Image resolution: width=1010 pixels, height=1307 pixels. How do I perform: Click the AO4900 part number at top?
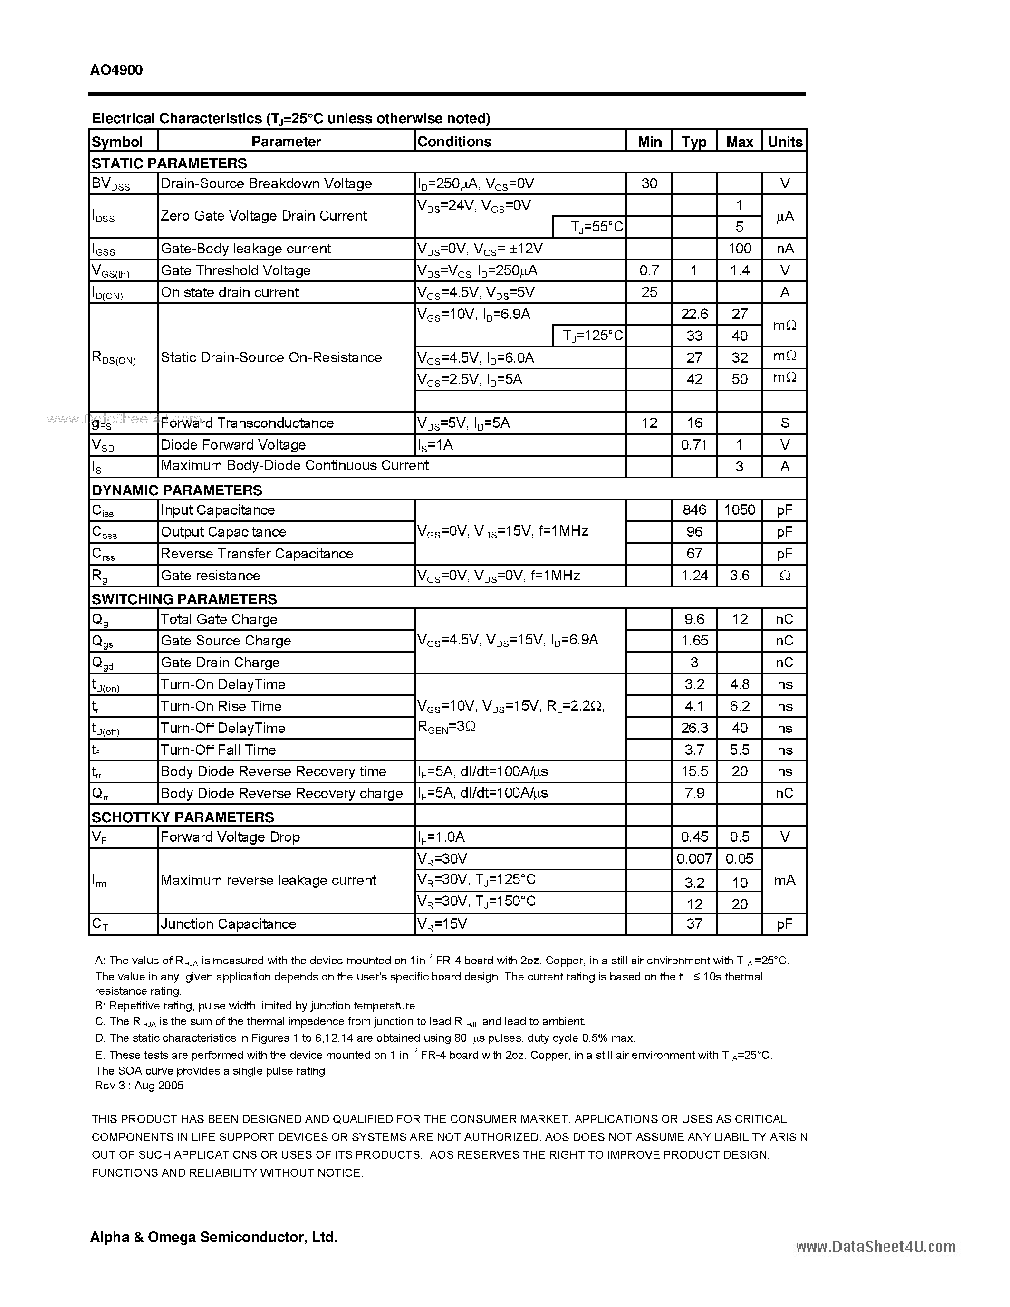point(116,70)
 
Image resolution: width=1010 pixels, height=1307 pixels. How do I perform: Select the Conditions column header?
point(454,142)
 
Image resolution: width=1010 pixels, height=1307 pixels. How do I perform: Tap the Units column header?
point(784,142)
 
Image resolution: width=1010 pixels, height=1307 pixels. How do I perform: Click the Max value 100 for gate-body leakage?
point(740,249)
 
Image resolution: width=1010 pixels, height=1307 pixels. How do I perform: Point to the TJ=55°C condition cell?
point(596,227)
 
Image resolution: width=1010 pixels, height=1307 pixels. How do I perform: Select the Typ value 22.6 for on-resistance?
point(694,314)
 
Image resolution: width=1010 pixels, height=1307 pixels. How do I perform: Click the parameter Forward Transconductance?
point(247,423)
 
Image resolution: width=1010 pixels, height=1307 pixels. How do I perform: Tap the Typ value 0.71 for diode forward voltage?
point(694,445)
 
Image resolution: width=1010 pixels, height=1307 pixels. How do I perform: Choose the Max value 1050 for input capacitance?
point(740,510)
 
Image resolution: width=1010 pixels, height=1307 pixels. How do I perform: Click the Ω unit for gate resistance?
point(784,576)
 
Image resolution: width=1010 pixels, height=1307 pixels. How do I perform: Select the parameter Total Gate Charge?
point(219,619)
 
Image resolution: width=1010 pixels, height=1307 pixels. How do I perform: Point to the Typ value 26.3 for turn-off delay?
point(694,728)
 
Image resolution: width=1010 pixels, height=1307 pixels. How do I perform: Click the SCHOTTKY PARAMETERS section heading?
point(183,817)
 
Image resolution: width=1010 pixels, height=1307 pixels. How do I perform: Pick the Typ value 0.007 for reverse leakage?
point(694,859)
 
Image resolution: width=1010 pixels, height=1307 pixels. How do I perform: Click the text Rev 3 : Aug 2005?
point(139,1085)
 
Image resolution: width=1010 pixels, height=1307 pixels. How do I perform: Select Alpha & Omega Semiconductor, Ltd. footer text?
point(213,1237)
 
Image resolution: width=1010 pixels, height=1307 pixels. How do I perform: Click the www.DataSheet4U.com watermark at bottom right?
point(875,1247)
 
